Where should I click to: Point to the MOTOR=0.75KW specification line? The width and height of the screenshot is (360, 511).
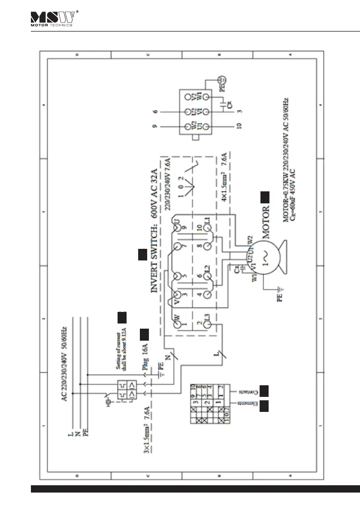coord(285,163)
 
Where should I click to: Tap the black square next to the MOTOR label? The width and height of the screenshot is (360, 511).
coord(265,198)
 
